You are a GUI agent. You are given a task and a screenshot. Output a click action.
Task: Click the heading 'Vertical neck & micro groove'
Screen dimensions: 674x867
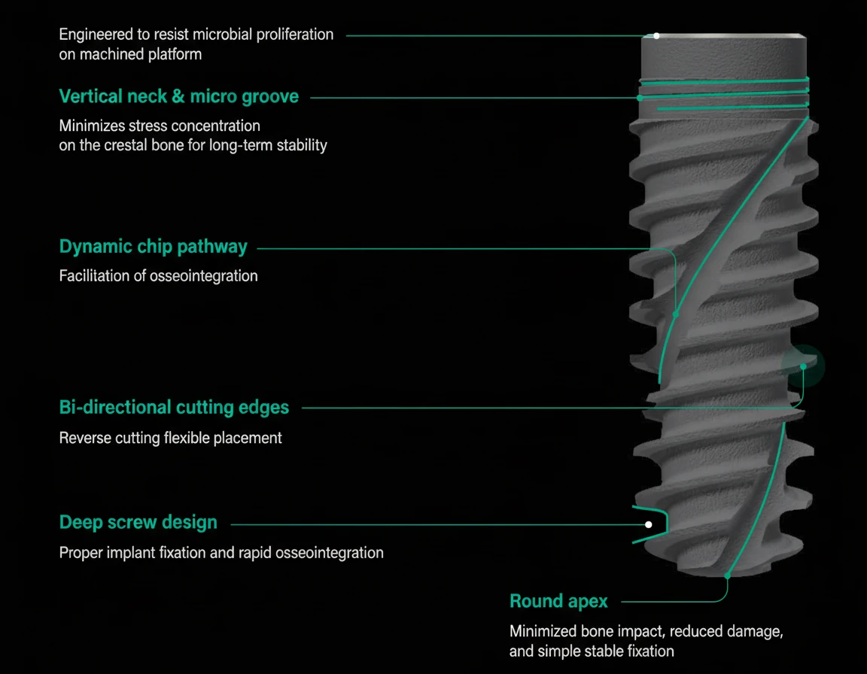point(178,96)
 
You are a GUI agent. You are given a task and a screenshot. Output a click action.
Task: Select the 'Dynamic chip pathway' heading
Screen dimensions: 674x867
point(153,246)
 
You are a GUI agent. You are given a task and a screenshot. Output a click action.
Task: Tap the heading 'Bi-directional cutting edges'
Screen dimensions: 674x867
point(174,407)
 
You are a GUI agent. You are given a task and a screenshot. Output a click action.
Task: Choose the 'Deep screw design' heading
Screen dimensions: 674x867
point(138,522)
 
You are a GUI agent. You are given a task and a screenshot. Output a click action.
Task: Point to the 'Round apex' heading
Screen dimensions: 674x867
point(558,601)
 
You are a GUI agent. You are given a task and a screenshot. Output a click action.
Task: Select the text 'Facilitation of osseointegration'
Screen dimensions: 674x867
point(158,276)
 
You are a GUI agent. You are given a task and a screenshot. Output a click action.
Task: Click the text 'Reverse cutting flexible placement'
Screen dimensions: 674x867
point(170,437)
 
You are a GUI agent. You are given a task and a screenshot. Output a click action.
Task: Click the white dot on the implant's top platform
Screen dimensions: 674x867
point(656,35)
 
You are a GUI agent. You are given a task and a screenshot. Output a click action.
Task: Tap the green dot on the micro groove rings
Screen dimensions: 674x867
point(640,97)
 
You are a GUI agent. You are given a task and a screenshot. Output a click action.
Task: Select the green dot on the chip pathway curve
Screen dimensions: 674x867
point(676,314)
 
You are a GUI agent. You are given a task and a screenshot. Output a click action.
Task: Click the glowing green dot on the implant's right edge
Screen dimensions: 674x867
point(804,366)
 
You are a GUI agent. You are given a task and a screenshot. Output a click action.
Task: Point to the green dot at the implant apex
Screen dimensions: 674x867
point(727,576)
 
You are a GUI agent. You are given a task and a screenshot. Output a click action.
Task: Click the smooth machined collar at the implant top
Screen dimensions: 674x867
point(724,59)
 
